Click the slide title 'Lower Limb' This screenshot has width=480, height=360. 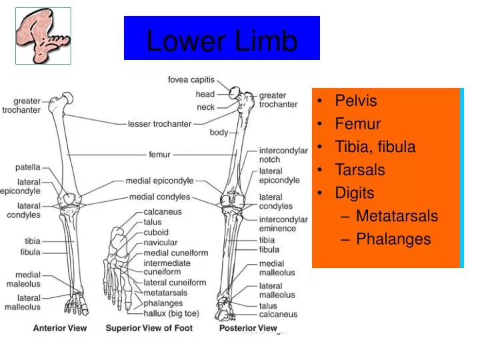221,41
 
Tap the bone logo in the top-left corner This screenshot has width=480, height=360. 43,35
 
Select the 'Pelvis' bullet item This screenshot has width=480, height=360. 355,101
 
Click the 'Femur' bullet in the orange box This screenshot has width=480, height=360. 357,124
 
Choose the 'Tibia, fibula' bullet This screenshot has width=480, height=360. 375,147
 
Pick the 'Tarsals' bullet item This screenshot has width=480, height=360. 359,170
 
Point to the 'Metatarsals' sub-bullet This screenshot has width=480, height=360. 397,216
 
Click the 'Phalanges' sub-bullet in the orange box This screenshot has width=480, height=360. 393,239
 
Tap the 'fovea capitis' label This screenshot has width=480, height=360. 191,80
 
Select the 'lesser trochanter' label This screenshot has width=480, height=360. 159,123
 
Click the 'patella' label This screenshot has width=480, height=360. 28,167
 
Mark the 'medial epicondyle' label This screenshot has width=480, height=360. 159,181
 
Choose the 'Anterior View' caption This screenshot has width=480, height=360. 60,328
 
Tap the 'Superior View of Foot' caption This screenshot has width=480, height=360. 149,328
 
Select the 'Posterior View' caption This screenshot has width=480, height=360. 247,328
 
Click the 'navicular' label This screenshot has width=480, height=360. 161,243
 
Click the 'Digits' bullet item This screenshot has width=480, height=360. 354,193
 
